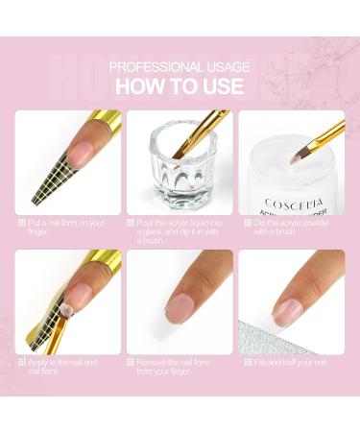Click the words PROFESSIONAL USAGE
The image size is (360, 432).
(x=180, y=66)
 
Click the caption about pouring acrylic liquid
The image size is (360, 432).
(x=183, y=231)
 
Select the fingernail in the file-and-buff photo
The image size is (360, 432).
(x=287, y=308)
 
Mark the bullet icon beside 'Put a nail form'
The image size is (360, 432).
(x=21, y=224)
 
